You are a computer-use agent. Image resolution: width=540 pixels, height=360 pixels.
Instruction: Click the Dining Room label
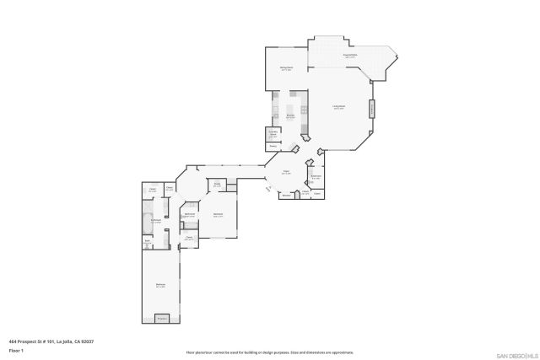coord(286,68)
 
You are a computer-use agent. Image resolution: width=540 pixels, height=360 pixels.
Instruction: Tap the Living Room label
coord(338,107)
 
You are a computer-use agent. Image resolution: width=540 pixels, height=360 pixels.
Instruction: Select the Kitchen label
coord(289,116)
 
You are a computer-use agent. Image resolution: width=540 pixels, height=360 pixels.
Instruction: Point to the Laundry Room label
coord(273,134)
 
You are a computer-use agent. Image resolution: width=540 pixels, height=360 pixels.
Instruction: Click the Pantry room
coord(273,146)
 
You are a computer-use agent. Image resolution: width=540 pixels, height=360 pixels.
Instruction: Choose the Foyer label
coord(286,172)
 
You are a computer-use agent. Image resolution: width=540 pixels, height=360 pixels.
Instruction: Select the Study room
coord(216,184)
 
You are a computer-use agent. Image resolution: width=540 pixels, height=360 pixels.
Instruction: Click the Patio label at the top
coord(349,56)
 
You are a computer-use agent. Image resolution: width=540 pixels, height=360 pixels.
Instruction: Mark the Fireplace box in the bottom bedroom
coord(161,318)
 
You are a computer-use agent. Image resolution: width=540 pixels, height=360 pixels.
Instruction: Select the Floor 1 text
coord(16,349)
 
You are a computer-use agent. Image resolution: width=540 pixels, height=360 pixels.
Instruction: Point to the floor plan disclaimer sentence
coord(269,352)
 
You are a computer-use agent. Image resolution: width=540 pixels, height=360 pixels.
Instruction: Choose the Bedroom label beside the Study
coord(218,214)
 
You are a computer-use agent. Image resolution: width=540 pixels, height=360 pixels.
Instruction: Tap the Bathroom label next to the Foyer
coord(316,177)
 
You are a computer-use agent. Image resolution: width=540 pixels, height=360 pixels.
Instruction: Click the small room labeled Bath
coord(147,241)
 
